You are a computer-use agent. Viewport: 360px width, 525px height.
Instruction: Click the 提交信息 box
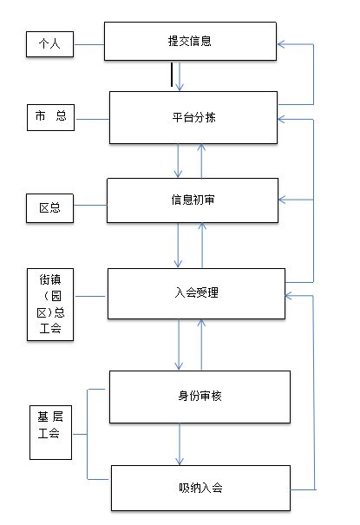click(x=190, y=41)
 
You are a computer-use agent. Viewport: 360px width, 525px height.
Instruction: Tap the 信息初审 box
click(x=192, y=200)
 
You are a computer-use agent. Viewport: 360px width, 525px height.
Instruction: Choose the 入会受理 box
click(x=195, y=293)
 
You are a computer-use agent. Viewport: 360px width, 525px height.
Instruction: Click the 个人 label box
click(x=49, y=43)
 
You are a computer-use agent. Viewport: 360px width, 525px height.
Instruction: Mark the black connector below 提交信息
click(x=173, y=75)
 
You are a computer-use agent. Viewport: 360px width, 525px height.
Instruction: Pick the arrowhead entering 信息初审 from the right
click(x=282, y=201)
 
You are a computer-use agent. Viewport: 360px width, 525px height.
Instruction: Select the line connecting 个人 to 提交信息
click(x=89, y=43)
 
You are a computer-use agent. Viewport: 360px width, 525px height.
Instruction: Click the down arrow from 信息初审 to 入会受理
click(x=179, y=246)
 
